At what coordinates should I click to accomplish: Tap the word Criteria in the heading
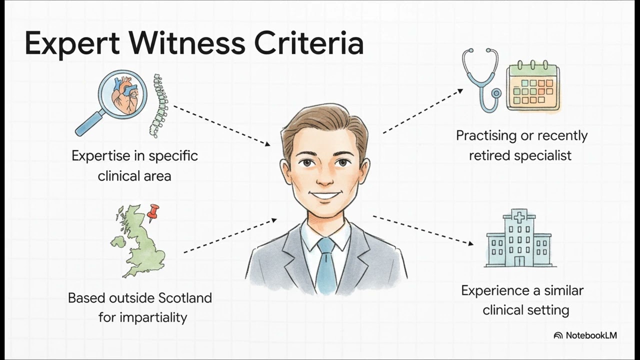309,43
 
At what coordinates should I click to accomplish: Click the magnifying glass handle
89,123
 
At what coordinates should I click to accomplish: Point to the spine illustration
159,105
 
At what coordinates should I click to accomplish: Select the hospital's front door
519,261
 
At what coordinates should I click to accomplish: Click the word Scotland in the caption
185,298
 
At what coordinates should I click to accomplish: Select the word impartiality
153,317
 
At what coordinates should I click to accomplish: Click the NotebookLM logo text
591,335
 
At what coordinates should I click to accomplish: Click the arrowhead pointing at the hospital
470,243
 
